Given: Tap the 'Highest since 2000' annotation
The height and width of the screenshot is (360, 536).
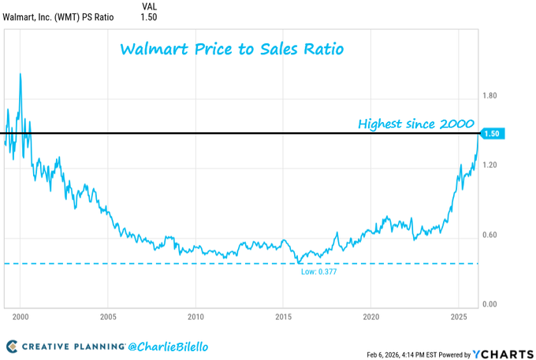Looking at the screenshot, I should click(415, 124).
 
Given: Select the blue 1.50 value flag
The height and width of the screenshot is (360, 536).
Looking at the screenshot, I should click(492, 134).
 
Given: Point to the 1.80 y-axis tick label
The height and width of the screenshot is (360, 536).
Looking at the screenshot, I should click(489, 96).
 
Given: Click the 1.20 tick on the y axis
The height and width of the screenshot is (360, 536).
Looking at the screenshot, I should click(489, 165).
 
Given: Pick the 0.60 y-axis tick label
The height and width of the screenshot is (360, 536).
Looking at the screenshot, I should click(489, 235).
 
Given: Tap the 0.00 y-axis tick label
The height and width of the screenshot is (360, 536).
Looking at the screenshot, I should click(489, 304).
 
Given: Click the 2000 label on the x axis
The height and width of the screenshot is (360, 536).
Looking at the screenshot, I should click(20, 317).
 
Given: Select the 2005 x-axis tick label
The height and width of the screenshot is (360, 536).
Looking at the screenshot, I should click(108, 317).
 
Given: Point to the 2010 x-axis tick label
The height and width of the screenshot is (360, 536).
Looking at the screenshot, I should click(196, 317).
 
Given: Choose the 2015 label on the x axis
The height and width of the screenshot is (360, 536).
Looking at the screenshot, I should click(284, 317).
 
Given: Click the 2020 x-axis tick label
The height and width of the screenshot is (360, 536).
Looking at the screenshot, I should click(371, 317).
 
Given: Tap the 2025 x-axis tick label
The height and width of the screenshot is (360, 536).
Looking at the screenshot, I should click(459, 317).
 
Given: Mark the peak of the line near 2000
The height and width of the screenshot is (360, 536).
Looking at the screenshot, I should click(20, 73).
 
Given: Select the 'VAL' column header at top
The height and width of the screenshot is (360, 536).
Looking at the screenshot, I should click(148, 6).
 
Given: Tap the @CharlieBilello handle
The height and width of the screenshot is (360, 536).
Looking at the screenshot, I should click(168, 347).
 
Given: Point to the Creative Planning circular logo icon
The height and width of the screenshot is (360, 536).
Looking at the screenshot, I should click(12, 347).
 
